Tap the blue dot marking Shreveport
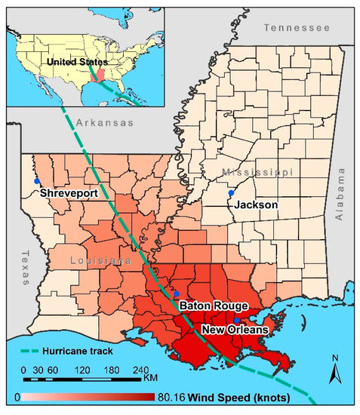36,181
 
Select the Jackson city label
256,204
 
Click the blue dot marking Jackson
232,193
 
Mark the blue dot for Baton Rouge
176,294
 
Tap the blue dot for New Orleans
237,321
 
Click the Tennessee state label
297,28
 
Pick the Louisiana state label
95,260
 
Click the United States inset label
75,61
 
